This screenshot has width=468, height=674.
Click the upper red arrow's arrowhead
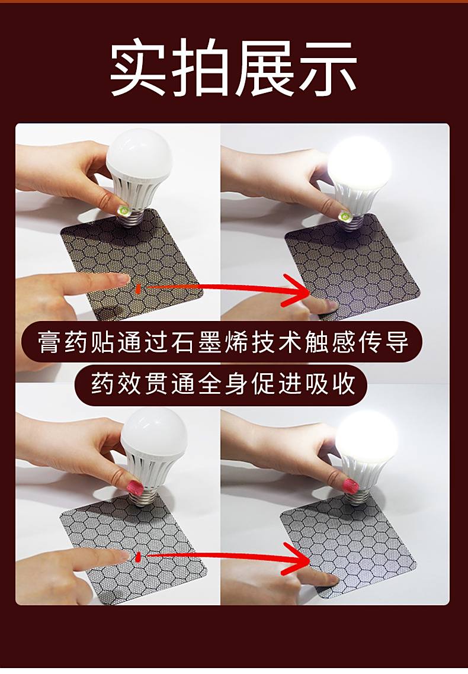(297, 291)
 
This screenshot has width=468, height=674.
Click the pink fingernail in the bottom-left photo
(134, 488)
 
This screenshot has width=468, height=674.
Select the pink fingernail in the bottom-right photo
(352, 486)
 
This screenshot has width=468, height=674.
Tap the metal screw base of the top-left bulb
(135, 217)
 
